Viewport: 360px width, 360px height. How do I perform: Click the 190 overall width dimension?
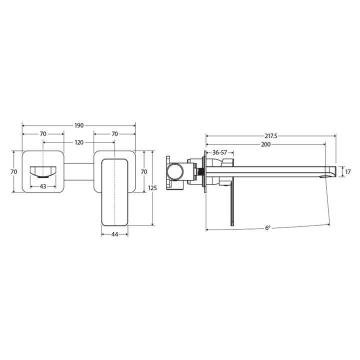click(x=79, y=125)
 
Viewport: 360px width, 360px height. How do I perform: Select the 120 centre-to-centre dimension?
click(x=79, y=142)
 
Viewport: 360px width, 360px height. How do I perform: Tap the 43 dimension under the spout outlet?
click(x=43, y=186)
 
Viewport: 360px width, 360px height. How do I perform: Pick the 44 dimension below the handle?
click(x=114, y=234)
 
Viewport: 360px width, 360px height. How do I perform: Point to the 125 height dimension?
click(x=153, y=187)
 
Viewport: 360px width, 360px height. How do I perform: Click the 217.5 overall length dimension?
click(x=271, y=135)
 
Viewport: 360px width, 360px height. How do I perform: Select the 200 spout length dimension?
click(x=265, y=144)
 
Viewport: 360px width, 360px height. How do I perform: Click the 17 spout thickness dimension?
click(x=348, y=171)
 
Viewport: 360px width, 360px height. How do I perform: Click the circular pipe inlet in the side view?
click(x=175, y=171)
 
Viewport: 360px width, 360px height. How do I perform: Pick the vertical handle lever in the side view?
click(x=231, y=205)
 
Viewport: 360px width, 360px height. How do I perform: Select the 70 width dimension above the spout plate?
click(x=43, y=134)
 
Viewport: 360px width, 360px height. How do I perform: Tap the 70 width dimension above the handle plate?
click(x=114, y=134)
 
